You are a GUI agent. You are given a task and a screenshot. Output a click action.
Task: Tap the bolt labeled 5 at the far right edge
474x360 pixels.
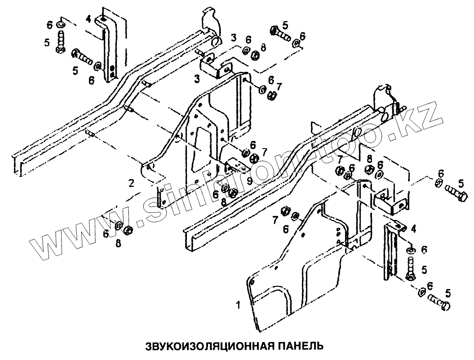[x=456, y=194]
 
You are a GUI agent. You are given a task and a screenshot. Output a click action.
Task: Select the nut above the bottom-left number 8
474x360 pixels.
[x=128, y=230]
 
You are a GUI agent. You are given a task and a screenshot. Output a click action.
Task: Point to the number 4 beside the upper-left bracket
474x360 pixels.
[x=89, y=19]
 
